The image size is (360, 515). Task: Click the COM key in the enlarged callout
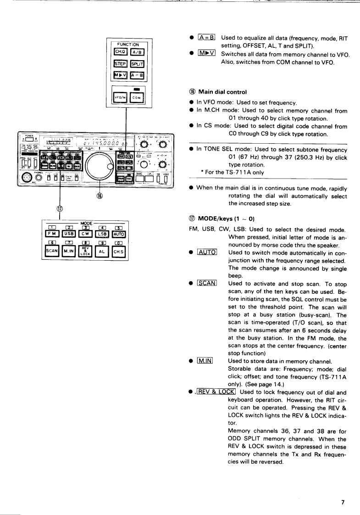[136, 98]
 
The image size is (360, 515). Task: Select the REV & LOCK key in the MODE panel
[87, 252]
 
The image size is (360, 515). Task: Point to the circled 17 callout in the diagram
[59, 207]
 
